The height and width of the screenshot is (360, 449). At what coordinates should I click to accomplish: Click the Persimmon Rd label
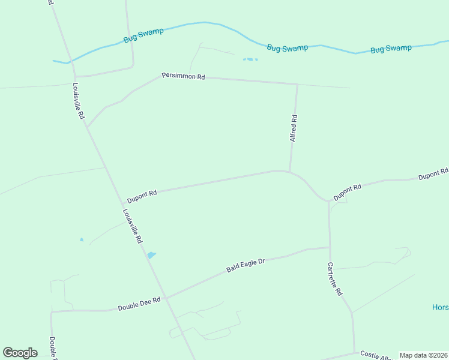point(183,77)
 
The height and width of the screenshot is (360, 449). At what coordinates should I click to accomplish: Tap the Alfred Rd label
point(294,128)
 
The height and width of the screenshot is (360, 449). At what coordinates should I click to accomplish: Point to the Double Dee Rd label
point(139,304)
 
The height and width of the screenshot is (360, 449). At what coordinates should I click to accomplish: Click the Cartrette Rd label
point(335,279)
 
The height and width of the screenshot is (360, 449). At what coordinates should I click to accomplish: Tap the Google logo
point(20,353)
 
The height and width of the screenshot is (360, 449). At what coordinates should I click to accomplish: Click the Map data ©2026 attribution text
point(423,355)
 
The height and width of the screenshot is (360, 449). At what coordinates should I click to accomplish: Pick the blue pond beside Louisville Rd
point(151,256)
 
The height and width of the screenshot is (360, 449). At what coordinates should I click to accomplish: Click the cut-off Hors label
point(440,307)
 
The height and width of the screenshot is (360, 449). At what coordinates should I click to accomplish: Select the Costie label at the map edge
point(372,356)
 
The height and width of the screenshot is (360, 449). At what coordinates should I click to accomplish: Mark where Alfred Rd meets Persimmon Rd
point(297,85)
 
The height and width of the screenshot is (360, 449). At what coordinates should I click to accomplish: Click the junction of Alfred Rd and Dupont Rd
point(290,172)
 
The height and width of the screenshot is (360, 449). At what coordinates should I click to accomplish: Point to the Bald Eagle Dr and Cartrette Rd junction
point(330,247)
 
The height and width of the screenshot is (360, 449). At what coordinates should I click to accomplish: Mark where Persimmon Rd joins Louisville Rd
point(88,127)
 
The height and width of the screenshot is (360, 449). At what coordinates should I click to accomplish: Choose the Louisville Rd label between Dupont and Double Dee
point(132,226)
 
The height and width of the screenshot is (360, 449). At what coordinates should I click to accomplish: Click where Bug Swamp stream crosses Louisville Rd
point(68,62)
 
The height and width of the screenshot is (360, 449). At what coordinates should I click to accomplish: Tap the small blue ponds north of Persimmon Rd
point(250,59)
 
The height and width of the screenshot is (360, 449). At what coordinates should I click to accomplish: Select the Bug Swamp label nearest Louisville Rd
point(143,35)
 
